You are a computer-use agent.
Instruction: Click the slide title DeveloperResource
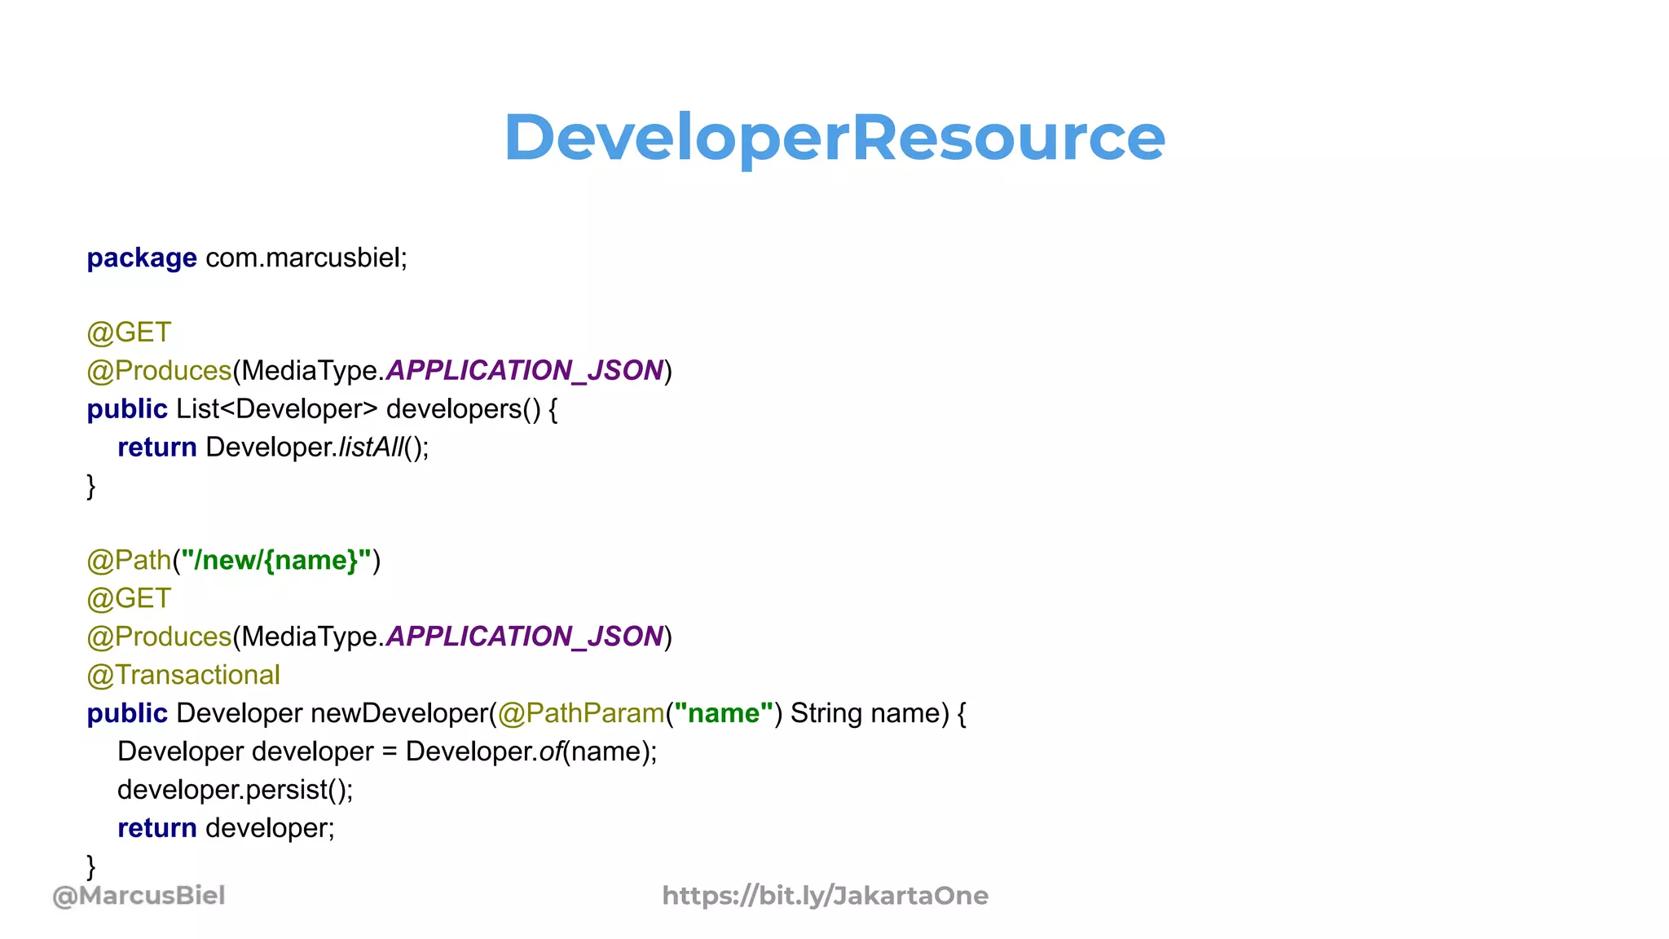click(834, 137)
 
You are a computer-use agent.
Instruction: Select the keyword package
click(142, 258)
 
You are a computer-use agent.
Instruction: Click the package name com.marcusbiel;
click(306, 258)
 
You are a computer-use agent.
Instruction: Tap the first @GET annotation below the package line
click(129, 333)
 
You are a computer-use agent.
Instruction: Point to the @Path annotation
click(129, 561)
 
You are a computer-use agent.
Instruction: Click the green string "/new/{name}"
click(276, 561)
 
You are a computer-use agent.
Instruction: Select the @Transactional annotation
click(183, 675)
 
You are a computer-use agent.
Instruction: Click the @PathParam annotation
click(581, 713)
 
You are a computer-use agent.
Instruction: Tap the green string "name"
click(724, 713)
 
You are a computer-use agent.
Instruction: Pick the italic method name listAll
click(371, 447)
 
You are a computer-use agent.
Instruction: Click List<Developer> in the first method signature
click(277, 409)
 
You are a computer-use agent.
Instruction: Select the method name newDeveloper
click(399, 713)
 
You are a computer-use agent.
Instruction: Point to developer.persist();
click(236, 790)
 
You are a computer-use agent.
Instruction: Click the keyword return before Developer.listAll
click(157, 447)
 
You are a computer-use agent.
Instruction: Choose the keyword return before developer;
click(157, 828)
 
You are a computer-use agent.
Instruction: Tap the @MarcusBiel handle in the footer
click(139, 896)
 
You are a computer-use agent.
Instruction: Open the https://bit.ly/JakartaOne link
click(825, 896)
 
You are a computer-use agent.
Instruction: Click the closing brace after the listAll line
click(91, 486)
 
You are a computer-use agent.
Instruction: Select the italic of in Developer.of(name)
click(551, 752)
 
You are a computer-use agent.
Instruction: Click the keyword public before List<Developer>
click(127, 409)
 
